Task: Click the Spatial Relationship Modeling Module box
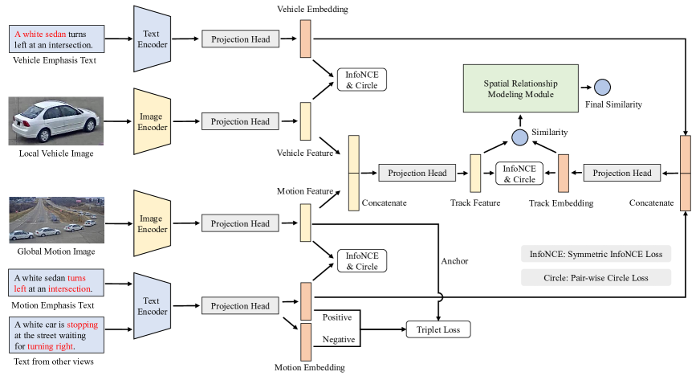[520, 88]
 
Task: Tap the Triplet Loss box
[438, 329]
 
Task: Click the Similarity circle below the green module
[520, 137]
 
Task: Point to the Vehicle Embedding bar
[305, 39]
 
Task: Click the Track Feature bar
[475, 173]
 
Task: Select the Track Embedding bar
[563, 173]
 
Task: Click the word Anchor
[454, 260]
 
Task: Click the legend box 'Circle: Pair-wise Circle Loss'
[596, 278]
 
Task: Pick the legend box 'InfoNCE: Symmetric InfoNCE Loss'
[596, 254]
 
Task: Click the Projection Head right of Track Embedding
[623, 173]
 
